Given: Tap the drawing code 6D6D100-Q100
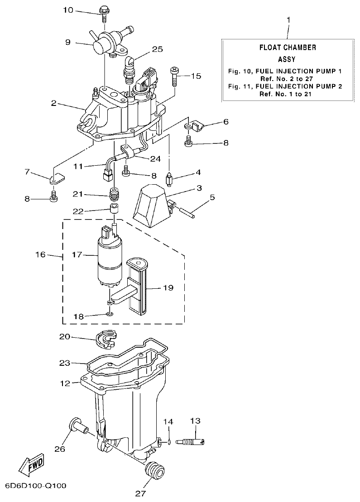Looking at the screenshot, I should pyautogui.click(x=36, y=486).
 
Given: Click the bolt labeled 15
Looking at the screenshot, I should pyautogui.click(x=174, y=76).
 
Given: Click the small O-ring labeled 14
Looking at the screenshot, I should pyautogui.click(x=168, y=442).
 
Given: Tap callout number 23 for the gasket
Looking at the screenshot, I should pyautogui.click(x=65, y=363).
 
